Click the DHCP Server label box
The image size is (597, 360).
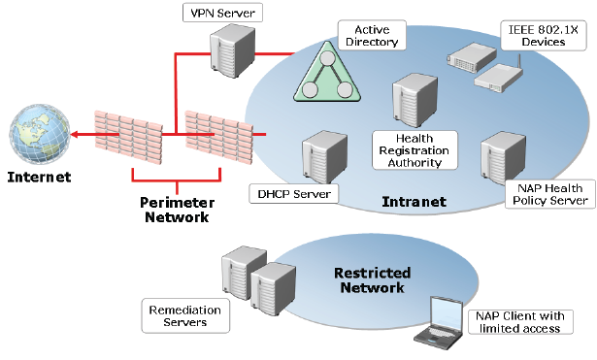[294, 193]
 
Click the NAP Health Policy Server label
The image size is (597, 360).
[548, 193]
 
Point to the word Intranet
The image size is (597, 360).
[415, 202]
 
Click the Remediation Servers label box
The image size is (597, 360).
[184, 314]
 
